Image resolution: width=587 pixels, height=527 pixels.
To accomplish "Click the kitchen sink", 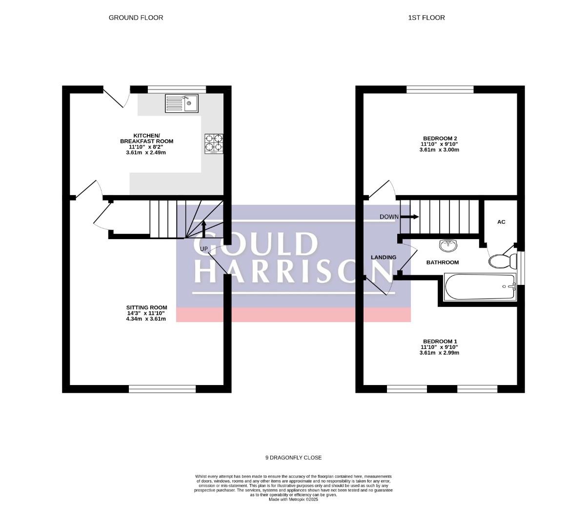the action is pyautogui.click(x=182, y=103).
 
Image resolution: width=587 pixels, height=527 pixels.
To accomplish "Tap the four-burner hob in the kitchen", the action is pyautogui.click(x=214, y=143).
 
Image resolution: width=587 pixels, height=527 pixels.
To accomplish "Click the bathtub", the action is pyautogui.click(x=480, y=286).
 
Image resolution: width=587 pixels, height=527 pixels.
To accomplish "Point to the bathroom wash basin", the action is pyautogui.click(x=448, y=245).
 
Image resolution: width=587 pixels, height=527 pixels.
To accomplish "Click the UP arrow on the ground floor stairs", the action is pyautogui.click(x=203, y=229).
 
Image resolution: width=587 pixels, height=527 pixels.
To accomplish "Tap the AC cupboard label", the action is pyautogui.click(x=501, y=222).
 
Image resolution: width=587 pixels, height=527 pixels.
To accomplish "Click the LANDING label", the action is pyautogui.click(x=384, y=257).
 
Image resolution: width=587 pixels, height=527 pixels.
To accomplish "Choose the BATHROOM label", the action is pyautogui.click(x=443, y=263).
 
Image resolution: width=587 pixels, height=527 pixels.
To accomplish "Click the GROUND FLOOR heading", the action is pyautogui.click(x=136, y=18).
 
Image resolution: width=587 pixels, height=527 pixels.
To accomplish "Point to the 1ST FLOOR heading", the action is pyautogui.click(x=426, y=18).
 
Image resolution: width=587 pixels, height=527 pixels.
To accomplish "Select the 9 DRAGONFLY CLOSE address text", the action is pyautogui.click(x=294, y=458).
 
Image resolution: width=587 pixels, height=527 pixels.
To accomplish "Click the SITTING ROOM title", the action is pyautogui.click(x=146, y=307).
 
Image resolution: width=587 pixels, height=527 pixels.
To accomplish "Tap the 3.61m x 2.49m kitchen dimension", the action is pyautogui.click(x=146, y=152).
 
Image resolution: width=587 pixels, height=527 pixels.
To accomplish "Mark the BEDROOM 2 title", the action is pyautogui.click(x=440, y=138).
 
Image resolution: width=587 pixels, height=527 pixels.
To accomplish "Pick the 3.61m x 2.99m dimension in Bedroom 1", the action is pyautogui.click(x=439, y=353).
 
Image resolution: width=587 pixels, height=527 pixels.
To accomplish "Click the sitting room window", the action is pyautogui.click(x=162, y=389).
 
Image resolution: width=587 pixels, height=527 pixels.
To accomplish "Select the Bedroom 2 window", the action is pyautogui.click(x=440, y=89).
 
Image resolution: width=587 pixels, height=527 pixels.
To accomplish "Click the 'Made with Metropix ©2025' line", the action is pyautogui.click(x=294, y=500).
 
